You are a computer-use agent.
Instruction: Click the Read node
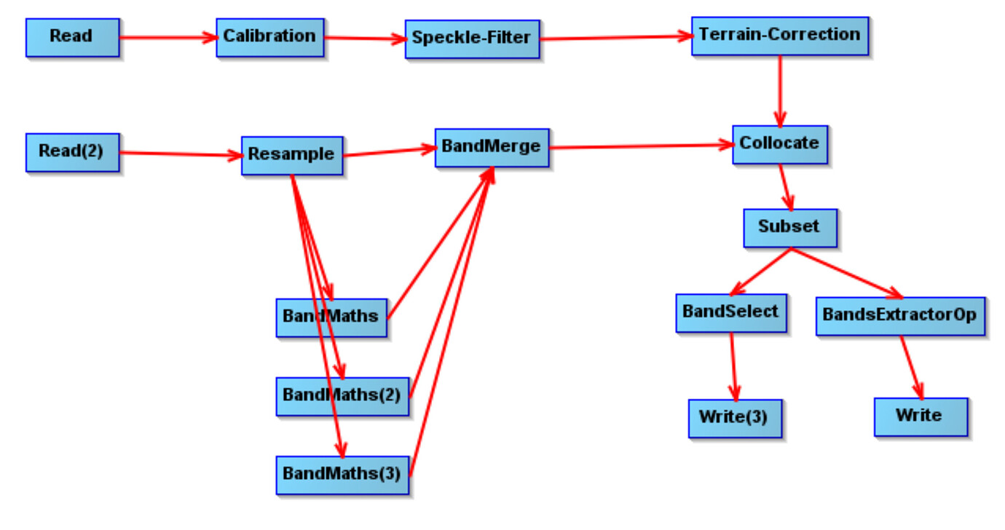point(72,37)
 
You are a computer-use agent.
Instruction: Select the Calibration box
point(269,37)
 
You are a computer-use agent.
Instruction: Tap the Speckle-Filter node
point(472,39)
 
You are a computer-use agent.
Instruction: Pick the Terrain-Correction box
point(779,36)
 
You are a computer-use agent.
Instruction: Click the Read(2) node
point(72,152)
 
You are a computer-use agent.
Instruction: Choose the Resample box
point(291,155)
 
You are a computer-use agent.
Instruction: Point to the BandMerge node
point(492,148)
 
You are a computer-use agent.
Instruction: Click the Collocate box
point(779,144)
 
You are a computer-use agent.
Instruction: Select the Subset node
point(789,228)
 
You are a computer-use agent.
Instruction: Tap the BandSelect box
point(730,313)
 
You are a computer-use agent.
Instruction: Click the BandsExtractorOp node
point(899,316)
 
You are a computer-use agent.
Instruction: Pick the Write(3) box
point(734,418)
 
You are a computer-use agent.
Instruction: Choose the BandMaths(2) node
point(342,397)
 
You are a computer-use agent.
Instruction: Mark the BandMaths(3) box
point(342,475)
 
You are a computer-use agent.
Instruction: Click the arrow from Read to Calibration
point(167,37)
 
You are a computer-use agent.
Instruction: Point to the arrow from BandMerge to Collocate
point(641,146)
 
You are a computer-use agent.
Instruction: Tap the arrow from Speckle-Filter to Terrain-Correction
point(615,37)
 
